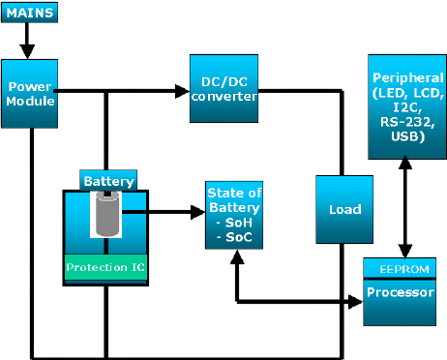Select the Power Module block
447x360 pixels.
[x=30, y=93]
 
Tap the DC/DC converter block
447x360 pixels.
[x=223, y=89]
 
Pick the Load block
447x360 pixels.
[x=344, y=209]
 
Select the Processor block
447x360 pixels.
[x=404, y=291]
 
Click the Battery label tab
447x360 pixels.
[x=107, y=180]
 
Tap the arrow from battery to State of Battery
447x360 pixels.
[x=164, y=209]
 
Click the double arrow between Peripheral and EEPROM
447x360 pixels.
[x=404, y=208]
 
